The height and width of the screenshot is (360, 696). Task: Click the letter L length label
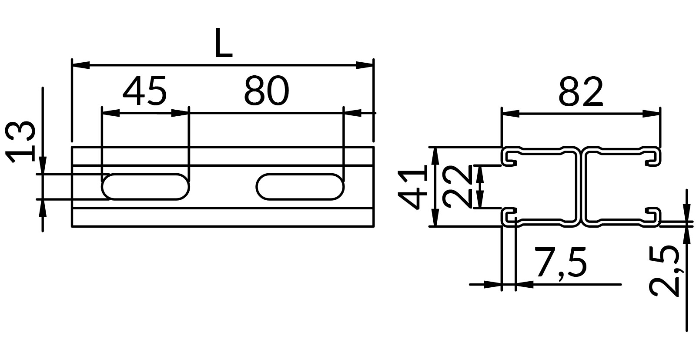coord(224,43)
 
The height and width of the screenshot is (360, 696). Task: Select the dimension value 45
coord(145,91)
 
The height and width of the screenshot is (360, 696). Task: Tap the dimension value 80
coord(267,91)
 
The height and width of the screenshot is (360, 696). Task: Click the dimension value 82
coord(581,92)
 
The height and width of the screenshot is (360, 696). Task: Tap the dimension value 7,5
coord(560,262)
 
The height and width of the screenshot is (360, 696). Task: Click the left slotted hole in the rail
coord(145,187)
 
